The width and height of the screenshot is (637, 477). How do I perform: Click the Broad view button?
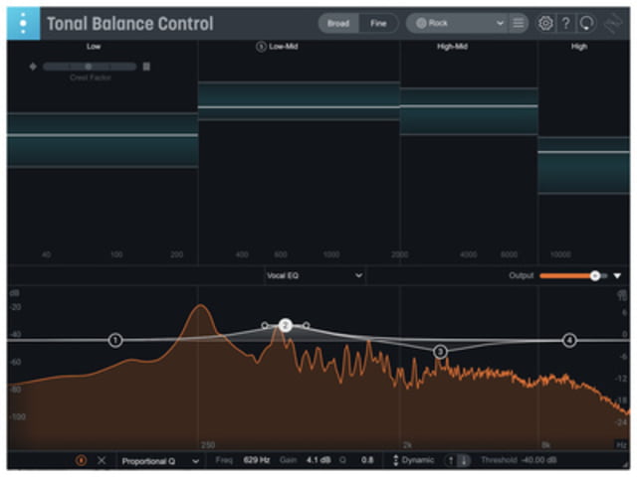pyautogui.click(x=338, y=23)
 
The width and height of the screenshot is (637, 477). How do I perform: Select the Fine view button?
pyautogui.click(x=378, y=23)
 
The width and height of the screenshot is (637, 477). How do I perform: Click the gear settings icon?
pyautogui.click(x=545, y=23)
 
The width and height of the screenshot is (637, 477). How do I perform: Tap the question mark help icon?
pyautogui.click(x=565, y=23)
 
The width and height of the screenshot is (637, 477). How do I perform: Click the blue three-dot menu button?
pyautogui.click(x=24, y=23)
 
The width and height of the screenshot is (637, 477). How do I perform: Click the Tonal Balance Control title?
pyautogui.click(x=129, y=24)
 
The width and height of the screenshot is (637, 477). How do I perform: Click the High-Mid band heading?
pyautogui.click(x=453, y=47)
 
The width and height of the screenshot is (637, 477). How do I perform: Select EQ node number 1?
pyautogui.click(x=115, y=341)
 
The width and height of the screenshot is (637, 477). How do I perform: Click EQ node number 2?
pyautogui.click(x=285, y=325)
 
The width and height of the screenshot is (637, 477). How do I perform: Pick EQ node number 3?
pyautogui.click(x=440, y=351)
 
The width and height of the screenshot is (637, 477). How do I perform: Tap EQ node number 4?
pyautogui.click(x=569, y=340)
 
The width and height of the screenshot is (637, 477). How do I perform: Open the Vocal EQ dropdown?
pyautogui.click(x=314, y=275)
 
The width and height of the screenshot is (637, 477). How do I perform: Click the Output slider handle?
pyautogui.click(x=594, y=275)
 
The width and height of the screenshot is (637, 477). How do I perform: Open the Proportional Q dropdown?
pyautogui.click(x=159, y=461)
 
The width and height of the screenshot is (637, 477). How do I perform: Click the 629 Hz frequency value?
pyautogui.click(x=257, y=461)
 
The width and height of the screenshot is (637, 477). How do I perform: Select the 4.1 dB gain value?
pyautogui.click(x=313, y=461)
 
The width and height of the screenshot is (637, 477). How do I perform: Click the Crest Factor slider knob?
pyautogui.click(x=88, y=67)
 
